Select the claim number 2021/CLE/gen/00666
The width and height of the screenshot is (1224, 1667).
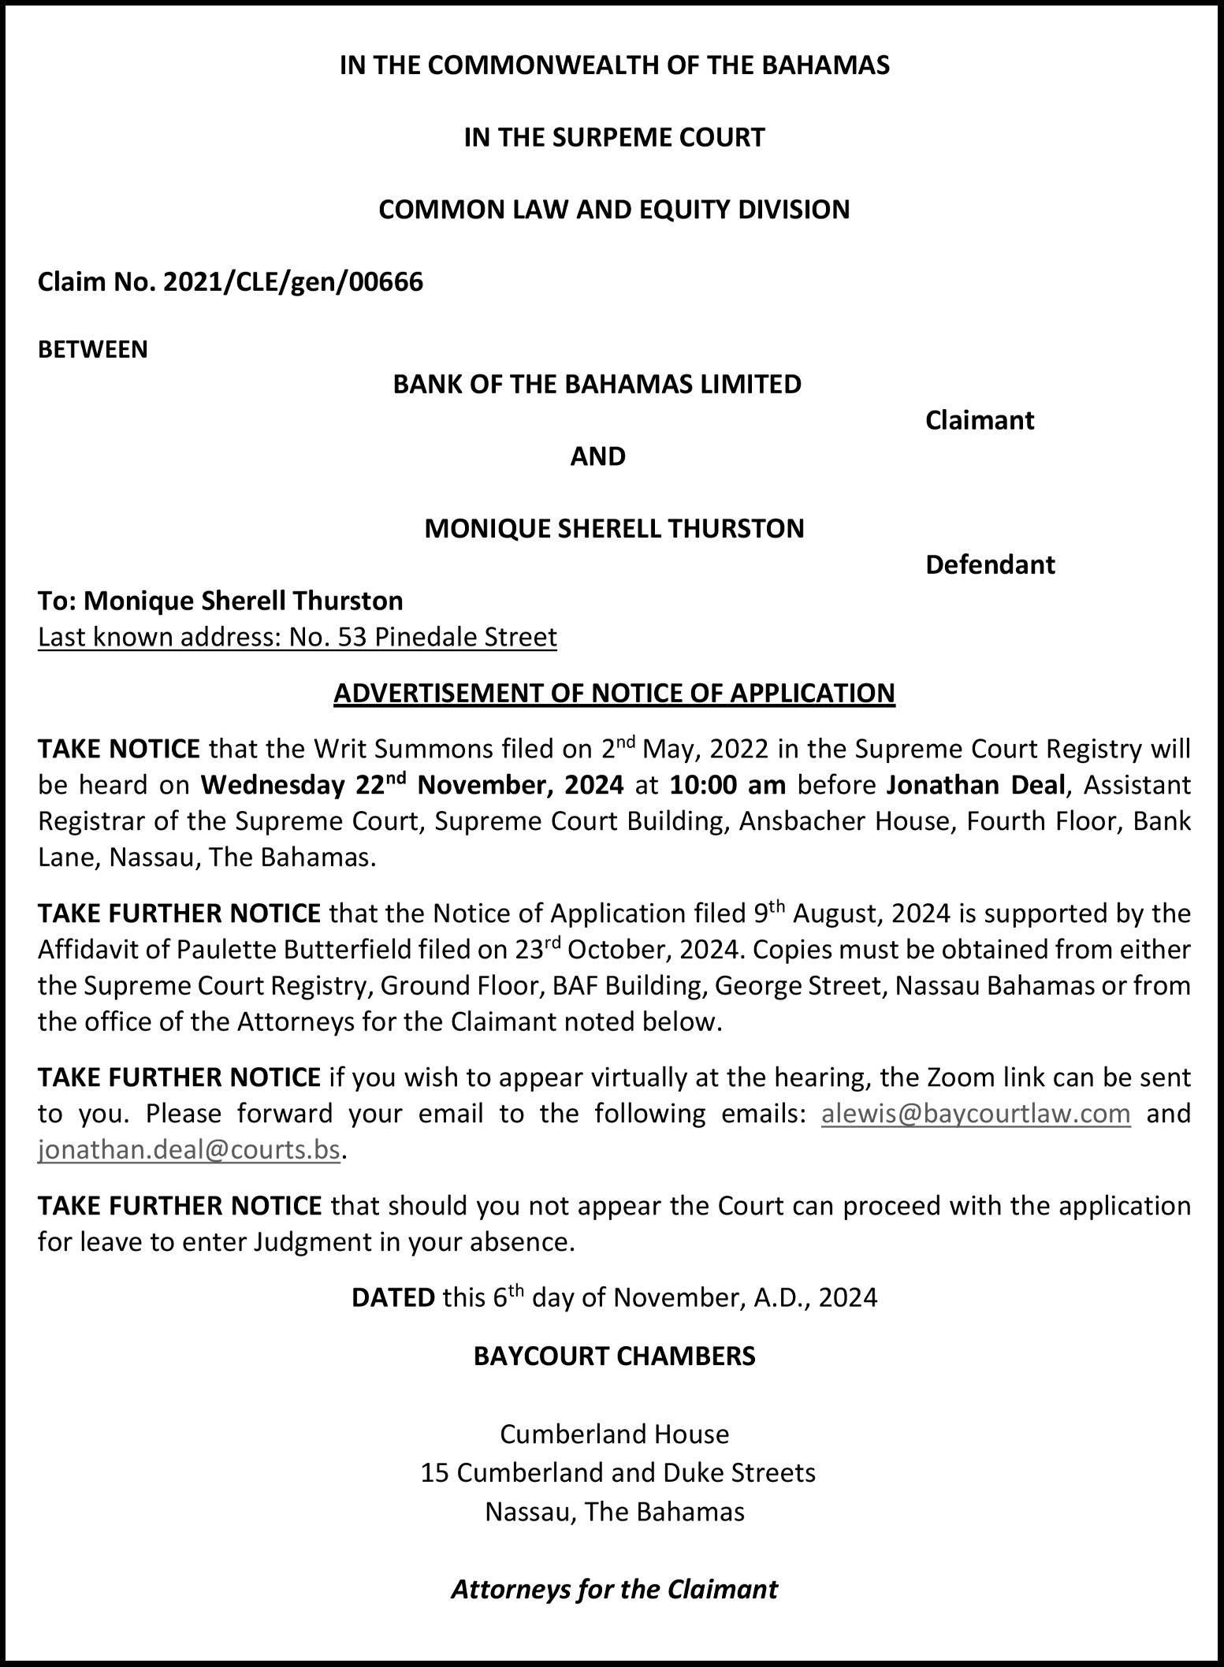point(293,281)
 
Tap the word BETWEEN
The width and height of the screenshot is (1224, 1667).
point(93,349)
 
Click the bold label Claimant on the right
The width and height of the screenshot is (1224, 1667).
point(979,420)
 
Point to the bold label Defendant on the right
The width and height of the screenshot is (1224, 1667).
point(989,564)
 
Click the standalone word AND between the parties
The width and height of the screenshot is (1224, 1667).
point(597,456)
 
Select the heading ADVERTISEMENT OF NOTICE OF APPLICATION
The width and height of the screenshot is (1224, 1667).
point(614,692)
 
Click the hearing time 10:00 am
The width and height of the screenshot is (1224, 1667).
point(727,785)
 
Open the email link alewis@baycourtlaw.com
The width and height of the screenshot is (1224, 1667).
point(976,1114)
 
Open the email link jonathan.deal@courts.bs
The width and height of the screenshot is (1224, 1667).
point(189,1150)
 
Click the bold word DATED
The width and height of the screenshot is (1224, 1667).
point(392,1297)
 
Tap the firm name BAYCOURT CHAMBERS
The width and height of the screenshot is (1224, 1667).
point(614,1356)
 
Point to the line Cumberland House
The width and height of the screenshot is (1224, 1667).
point(614,1434)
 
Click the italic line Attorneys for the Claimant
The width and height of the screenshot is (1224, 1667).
point(614,1589)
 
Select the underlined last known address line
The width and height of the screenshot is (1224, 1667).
point(297,637)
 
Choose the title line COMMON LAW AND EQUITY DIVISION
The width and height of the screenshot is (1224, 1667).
point(614,210)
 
